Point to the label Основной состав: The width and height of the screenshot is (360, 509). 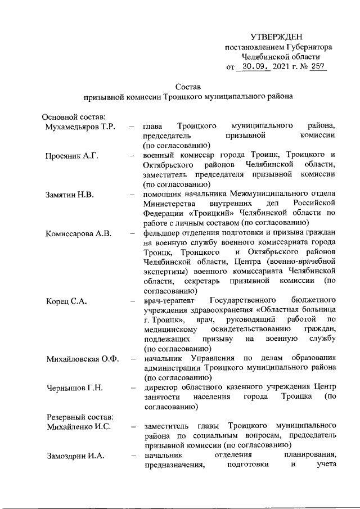click(70, 116)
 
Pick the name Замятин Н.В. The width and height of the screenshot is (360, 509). click(69, 194)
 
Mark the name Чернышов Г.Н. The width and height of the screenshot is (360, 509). click(72, 388)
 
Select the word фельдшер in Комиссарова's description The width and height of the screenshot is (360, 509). click(162, 233)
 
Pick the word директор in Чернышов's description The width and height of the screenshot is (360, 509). click(161, 388)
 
